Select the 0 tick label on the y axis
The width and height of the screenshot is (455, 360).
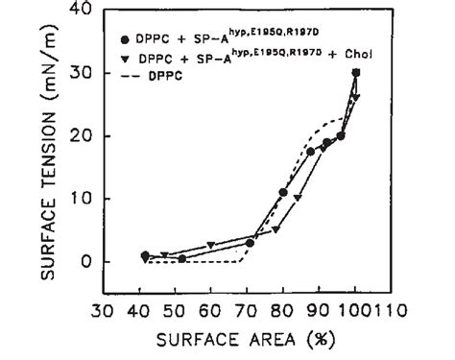point(86,261)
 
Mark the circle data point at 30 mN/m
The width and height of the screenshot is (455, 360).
point(356,73)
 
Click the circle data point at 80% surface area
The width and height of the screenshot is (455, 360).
point(283,192)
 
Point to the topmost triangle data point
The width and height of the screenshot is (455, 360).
point(356,98)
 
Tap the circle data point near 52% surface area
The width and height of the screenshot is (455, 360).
point(181,259)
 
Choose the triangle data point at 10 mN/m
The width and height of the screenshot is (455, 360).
point(298,198)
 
